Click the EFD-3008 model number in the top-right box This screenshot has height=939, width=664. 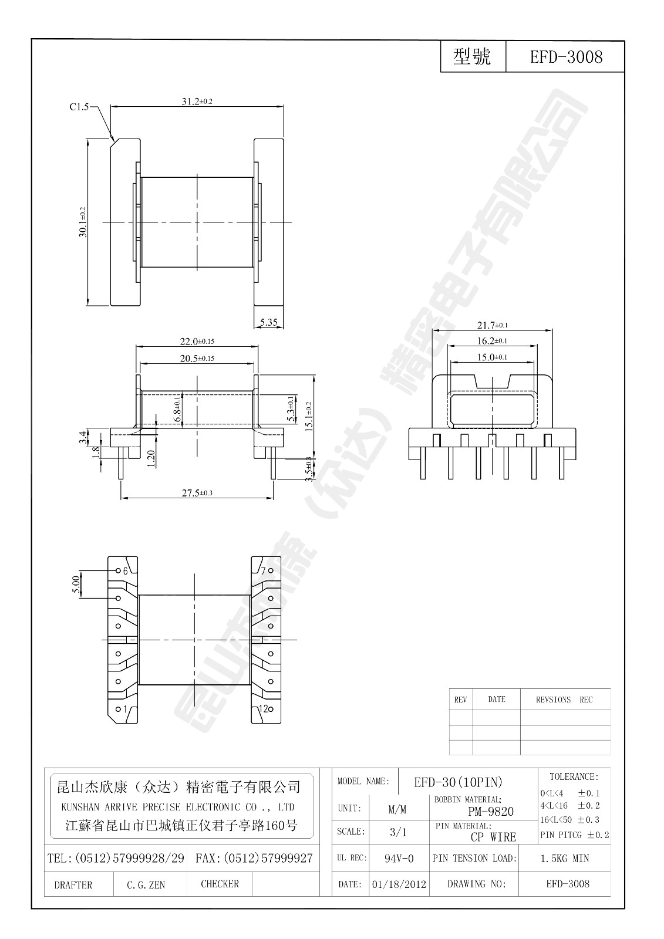click(566, 57)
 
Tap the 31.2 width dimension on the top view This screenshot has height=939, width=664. click(197, 102)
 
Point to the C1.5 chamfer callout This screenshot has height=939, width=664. click(79, 107)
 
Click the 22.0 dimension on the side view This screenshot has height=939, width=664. click(197, 342)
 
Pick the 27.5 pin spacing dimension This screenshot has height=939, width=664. click(197, 494)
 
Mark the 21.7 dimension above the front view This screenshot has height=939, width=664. click(493, 325)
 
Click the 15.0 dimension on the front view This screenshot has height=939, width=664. click(492, 357)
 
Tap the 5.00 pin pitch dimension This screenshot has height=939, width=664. click(76, 584)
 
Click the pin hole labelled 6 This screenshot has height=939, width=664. click(119, 570)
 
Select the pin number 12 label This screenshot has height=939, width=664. click(264, 709)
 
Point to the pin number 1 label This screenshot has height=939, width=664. click(125, 710)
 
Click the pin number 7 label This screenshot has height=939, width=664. click(264, 570)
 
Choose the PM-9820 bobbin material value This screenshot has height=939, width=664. click(490, 812)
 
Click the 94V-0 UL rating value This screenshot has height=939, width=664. click(399, 859)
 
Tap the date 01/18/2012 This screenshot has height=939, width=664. click(399, 884)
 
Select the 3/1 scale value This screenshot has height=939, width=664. click(397, 832)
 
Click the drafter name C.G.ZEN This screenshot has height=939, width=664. click(146, 885)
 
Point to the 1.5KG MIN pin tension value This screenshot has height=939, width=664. click(564, 859)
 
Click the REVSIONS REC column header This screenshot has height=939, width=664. click(564, 700)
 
